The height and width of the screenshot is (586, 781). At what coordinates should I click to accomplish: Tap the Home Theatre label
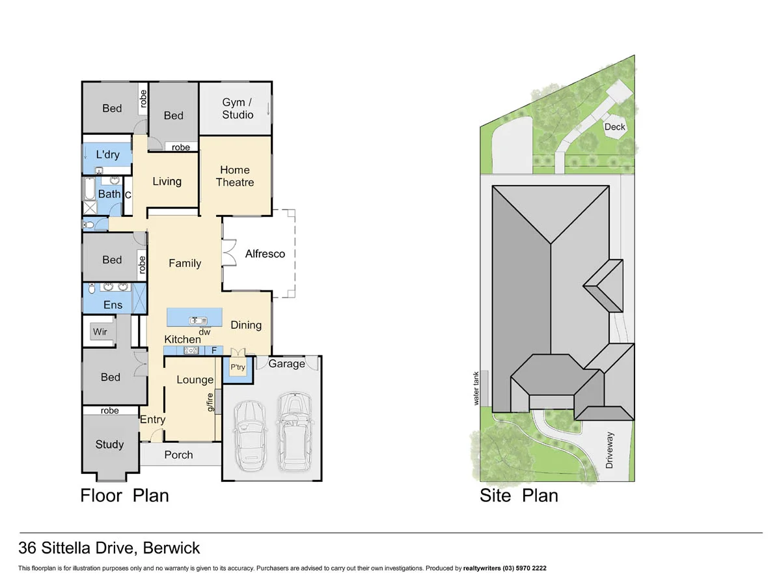tap(235, 176)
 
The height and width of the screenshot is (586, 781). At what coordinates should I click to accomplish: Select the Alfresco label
tap(265, 254)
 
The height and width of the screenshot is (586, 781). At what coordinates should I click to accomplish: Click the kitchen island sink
tap(197, 320)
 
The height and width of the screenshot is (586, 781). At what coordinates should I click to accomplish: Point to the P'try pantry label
tap(238, 367)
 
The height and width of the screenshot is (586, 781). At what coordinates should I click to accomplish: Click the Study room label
tap(109, 444)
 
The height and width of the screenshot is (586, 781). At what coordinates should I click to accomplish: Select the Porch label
tap(178, 454)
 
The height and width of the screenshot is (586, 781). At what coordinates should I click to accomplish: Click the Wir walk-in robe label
tap(100, 332)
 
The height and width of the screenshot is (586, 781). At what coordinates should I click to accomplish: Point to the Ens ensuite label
tap(113, 305)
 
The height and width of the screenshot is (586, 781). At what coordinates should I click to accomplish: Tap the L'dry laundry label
tap(107, 155)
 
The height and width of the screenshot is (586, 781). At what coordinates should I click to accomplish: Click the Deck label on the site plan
tap(614, 127)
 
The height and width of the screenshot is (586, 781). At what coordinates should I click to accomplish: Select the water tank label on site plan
tap(476, 389)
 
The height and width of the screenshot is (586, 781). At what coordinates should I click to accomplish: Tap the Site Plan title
tap(519, 495)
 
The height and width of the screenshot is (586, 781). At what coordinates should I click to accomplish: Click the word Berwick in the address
tap(172, 548)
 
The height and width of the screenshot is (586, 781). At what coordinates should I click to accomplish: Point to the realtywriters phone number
tap(525, 568)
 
